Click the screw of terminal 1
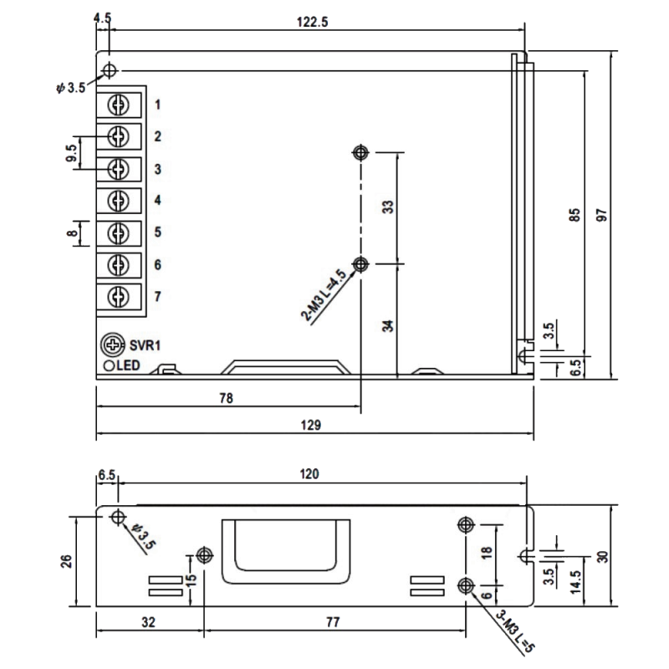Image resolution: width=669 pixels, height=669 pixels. pos(119,105)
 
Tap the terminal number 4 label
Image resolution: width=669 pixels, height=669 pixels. pos(158,200)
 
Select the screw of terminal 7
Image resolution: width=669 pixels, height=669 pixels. pos(119,297)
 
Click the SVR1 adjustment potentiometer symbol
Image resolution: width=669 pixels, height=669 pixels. pos(113,345)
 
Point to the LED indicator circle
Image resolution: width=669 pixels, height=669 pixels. pos(109,365)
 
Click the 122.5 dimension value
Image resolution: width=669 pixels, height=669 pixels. pos(312,22)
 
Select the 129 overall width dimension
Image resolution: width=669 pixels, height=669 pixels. pos(310,425)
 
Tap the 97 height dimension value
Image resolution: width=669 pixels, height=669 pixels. pos(601,215)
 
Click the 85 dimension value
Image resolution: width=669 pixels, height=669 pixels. pos(575,215)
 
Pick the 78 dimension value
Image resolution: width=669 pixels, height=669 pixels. pos(226,398)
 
